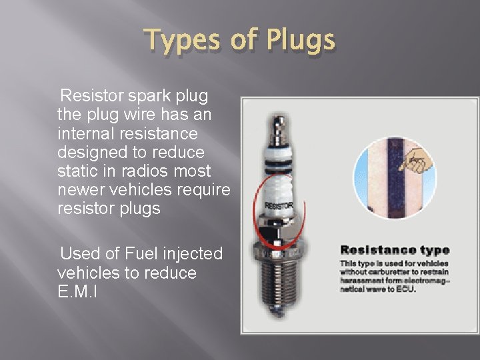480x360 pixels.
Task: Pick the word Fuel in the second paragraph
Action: (138, 253)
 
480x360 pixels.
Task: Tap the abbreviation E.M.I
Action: (77, 291)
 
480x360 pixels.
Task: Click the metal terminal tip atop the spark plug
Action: (279, 121)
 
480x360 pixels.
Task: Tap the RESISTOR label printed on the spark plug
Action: (278, 206)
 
